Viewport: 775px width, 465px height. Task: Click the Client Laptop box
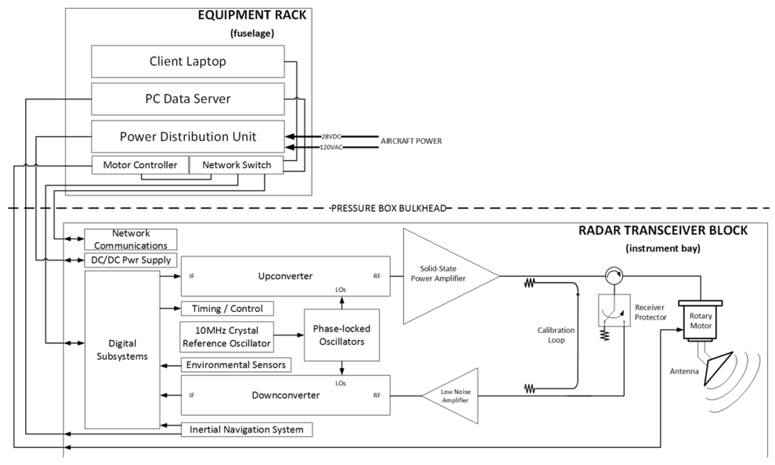pos(188,62)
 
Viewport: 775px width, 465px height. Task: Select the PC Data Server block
pos(188,99)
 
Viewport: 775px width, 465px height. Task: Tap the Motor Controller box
pos(140,165)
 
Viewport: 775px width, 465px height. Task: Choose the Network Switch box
pos(236,165)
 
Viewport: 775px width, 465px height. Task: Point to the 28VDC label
pos(331,137)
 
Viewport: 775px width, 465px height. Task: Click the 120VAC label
pos(331,147)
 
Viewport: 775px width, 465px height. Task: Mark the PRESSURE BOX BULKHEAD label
pos(389,208)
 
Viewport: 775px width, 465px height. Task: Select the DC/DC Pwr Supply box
pos(131,260)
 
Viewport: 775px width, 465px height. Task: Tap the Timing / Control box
pos(227,309)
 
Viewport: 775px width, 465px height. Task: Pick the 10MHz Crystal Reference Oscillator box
pos(226,337)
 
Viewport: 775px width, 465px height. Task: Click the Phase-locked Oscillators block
pos(342,335)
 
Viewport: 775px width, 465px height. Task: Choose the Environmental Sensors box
pos(236,365)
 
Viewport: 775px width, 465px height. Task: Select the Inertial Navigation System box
pos(247,429)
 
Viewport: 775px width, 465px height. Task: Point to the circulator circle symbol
pos(614,276)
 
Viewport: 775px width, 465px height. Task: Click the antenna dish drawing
pos(718,368)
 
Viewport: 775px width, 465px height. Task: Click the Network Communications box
pos(131,239)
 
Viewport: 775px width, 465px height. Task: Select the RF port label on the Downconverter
pos(377,395)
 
